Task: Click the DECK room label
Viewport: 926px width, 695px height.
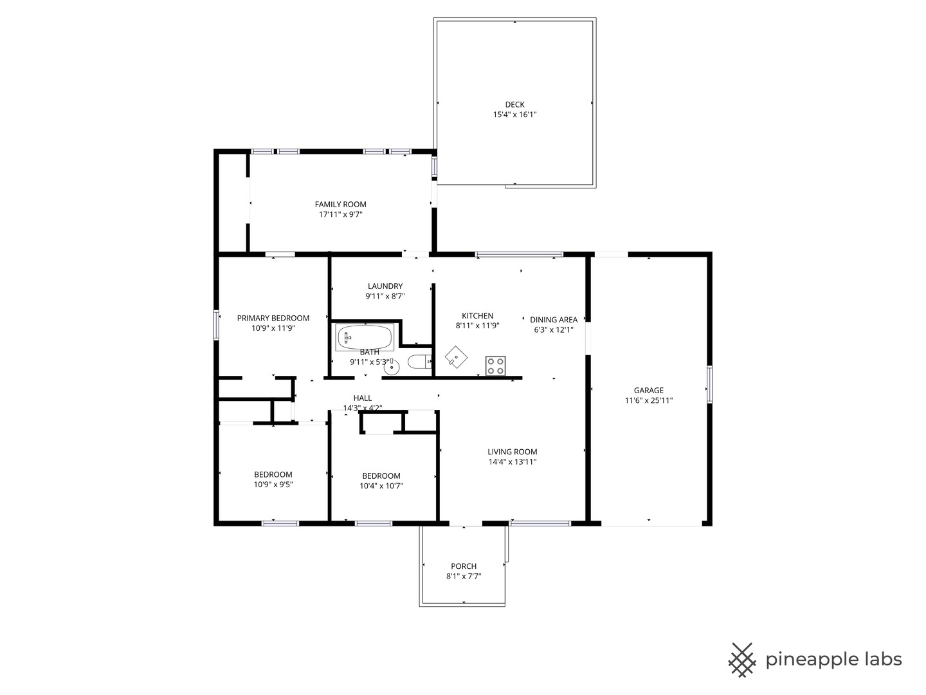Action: click(514, 104)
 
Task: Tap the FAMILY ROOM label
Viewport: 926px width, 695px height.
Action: click(340, 205)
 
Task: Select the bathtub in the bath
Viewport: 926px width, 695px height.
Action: click(364, 337)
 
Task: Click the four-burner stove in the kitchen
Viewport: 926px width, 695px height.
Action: click(495, 366)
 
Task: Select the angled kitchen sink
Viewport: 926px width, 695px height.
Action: click(456, 356)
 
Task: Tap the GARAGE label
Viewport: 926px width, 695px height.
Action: click(648, 390)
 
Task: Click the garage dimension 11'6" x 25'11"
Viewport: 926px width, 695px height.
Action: click(648, 400)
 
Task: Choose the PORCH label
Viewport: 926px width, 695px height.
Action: click(463, 566)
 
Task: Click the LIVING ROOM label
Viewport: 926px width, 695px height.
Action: click(512, 452)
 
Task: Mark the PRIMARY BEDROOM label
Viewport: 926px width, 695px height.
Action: click(273, 318)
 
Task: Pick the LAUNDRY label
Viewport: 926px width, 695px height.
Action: click(385, 286)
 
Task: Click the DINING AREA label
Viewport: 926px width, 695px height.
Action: click(553, 319)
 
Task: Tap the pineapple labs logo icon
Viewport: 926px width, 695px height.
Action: click(741, 660)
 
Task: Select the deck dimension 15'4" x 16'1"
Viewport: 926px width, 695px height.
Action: click(514, 115)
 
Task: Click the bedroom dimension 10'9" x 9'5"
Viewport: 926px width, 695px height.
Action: click(273, 485)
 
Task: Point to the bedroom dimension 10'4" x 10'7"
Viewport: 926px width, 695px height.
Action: click(381, 486)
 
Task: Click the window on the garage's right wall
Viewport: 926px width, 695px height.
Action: click(709, 385)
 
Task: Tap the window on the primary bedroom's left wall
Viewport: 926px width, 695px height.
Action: click(217, 325)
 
